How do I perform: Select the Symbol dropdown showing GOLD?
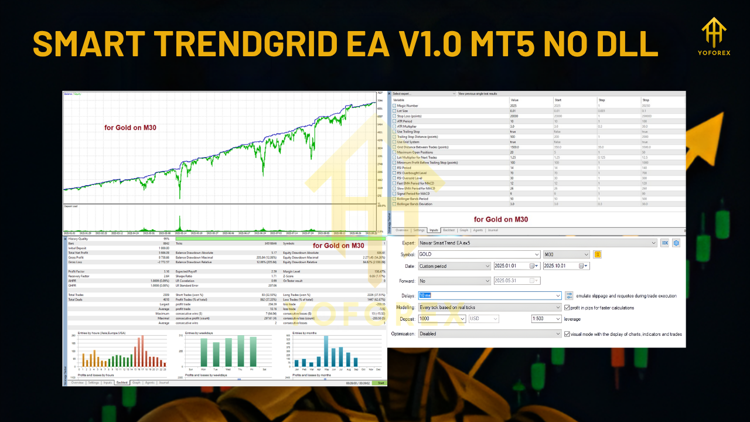pos(479,254)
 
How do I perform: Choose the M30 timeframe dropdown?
pos(566,254)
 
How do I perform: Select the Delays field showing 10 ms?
pos(489,296)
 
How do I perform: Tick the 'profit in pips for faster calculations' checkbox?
pos(567,308)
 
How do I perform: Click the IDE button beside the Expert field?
pos(664,243)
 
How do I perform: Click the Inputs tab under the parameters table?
pos(434,230)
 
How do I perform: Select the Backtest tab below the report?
pos(122,382)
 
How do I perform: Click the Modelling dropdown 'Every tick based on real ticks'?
pos(489,308)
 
